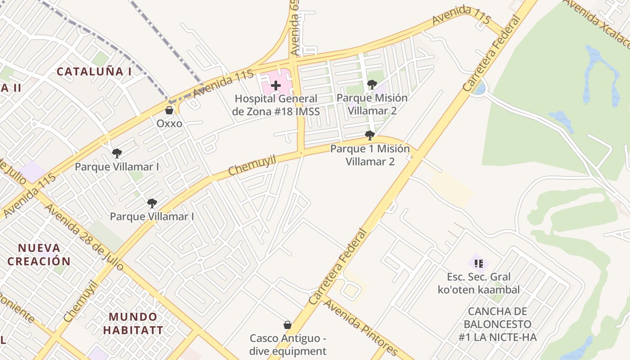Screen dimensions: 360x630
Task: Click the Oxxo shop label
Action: [169, 123]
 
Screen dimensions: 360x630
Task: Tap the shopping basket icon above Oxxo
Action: [169, 110]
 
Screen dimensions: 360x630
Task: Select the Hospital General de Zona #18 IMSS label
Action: [276, 105]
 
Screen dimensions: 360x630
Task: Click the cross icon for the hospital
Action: [276, 85]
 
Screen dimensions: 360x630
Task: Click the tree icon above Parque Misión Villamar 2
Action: [372, 84]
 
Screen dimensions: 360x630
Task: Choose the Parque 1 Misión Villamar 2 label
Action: [370, 155]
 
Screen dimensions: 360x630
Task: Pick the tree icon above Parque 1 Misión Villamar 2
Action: [370, 135]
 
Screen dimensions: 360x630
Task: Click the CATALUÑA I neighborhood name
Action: [94, 71]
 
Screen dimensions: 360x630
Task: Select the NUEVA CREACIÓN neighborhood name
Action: [39, 254]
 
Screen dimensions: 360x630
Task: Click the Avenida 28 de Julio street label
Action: [84, 237]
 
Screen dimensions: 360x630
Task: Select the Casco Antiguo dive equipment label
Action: [288, 344]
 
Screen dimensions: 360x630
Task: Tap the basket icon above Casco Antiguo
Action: [287, 325]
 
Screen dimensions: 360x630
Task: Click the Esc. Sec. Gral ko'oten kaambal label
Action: [479, 283]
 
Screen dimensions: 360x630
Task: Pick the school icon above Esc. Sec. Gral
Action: [478, 263]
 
